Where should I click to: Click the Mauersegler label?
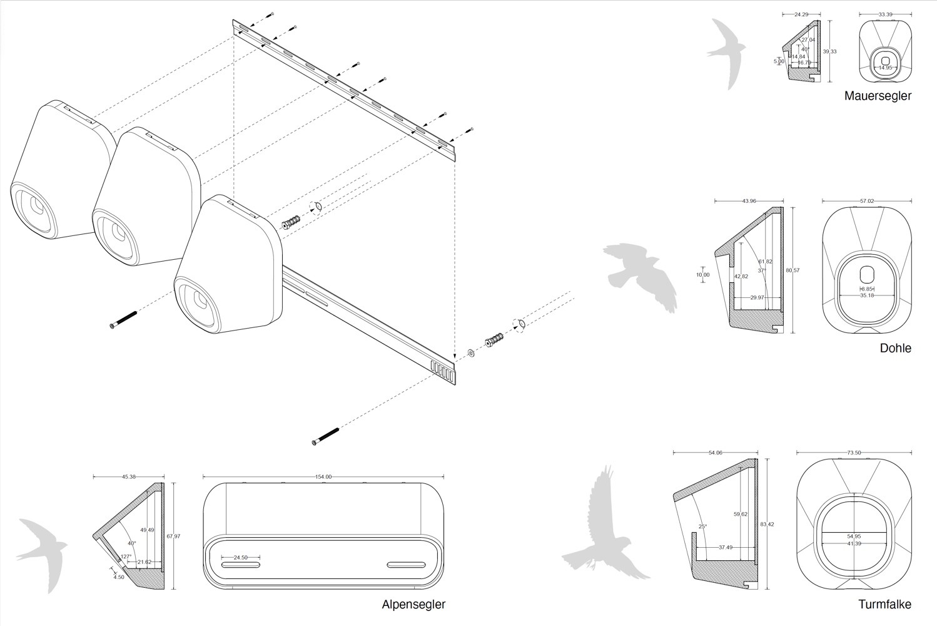[x=878, y=96]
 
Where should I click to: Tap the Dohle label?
[x=895, y=348]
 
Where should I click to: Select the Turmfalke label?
[x=884, y=604]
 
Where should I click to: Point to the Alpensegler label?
[x=413, y=604]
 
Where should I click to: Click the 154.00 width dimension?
[x=323, y=477]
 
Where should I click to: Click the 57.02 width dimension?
[x=866, y=201]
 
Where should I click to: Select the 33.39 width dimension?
[x=884, y=13]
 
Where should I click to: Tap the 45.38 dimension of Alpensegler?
[x=128, y=477]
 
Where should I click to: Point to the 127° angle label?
[x=126, y=556]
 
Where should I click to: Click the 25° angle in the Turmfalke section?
[x=703, y=526]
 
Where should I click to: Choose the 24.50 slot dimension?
[x=241, y=557]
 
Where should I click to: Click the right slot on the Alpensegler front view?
[x=406, y=565]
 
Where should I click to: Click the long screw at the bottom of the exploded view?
[x=325, y=436]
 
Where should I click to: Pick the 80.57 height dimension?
[x=793, y=270]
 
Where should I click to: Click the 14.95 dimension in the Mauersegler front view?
[x=884, y=67]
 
